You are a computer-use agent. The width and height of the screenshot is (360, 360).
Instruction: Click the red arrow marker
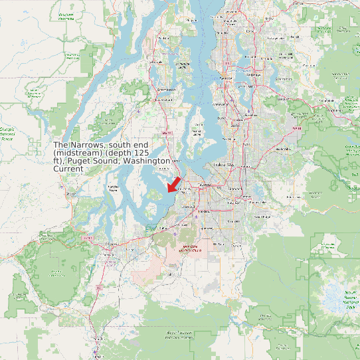point(175,182)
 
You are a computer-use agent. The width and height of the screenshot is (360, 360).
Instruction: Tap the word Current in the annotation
point(68,169)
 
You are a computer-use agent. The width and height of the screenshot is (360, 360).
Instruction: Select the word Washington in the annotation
point(149,161)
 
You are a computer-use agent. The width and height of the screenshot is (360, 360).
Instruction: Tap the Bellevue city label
point(255,114)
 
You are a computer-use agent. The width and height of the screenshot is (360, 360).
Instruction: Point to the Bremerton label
point(165,88)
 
